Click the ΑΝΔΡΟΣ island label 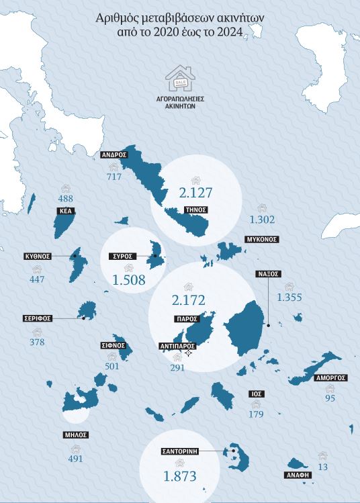pos(114,154)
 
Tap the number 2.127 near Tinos pos(195,193)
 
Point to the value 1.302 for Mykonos pos(262,220)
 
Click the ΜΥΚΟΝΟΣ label pos(261,239)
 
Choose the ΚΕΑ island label pos(66,211)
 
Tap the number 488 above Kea pos(66,199)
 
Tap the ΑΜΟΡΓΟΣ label pos(331,378)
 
